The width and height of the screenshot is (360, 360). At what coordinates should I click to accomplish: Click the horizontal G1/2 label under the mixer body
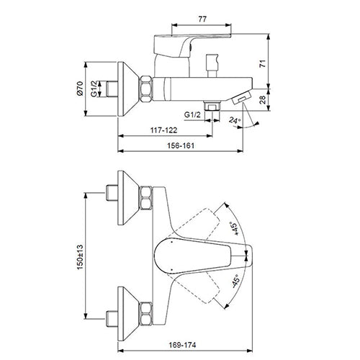(x=192, y=114)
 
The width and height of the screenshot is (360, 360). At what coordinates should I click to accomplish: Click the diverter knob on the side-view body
(x=212, y=68)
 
